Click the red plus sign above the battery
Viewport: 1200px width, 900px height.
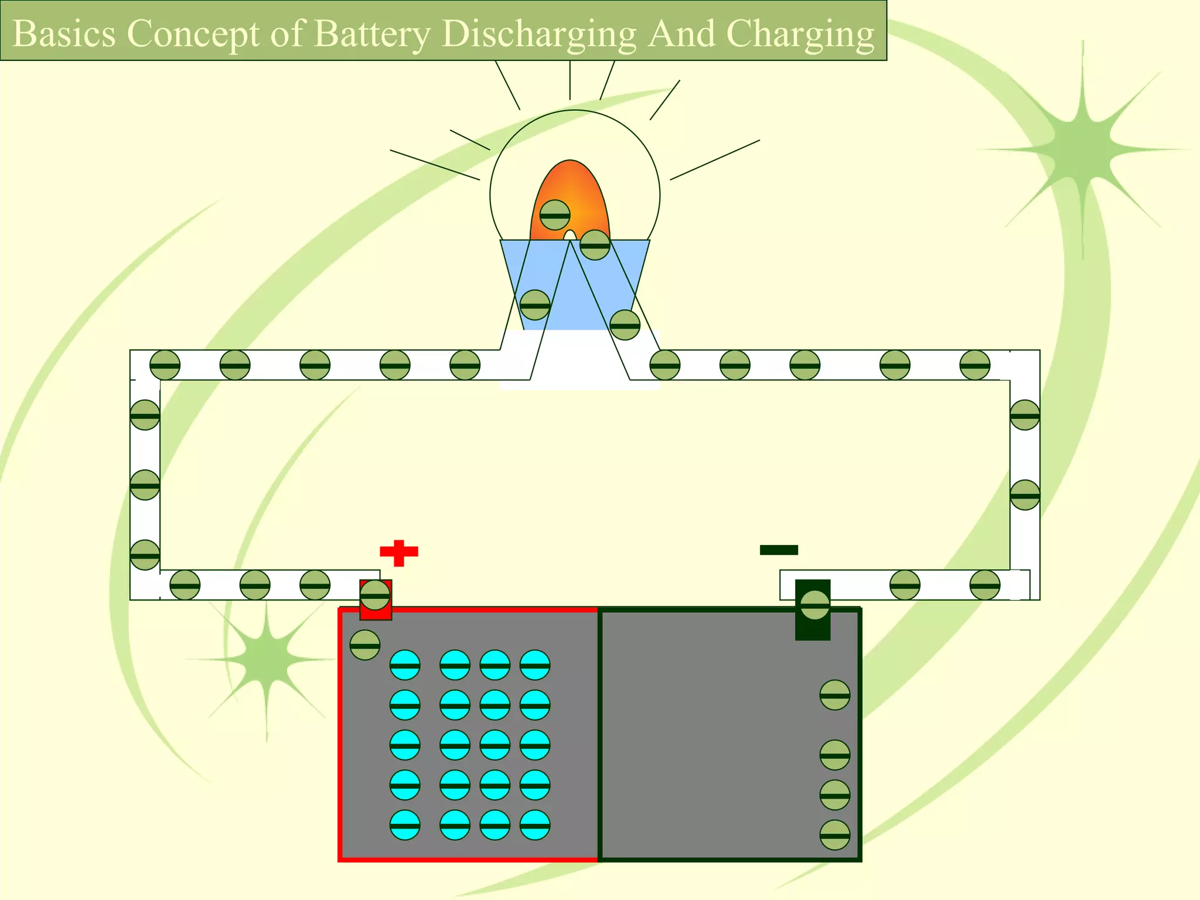coord(399,553)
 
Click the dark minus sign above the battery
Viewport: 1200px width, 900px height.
coord(779,550)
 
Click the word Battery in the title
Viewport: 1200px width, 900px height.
coord(372,33)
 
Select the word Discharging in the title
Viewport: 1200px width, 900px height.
coord(538,33)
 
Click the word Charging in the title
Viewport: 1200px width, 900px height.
coord(800,33)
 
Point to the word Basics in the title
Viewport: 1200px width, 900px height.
coord(64,33)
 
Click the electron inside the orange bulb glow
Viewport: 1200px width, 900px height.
coord(554,215)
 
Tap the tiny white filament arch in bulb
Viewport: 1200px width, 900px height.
coord(570,236)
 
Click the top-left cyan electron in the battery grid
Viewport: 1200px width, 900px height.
coord(405,665)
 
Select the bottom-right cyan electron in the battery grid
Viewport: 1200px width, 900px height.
coord(535,825)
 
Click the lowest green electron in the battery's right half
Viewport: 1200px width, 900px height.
coord(834,835)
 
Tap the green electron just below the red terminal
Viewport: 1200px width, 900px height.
coord(364,645)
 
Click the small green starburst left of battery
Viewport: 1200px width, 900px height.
coord(267,659)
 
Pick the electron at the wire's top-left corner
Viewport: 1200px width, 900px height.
coord(165,365)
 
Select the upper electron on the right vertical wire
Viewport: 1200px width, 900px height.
coord(1025,415)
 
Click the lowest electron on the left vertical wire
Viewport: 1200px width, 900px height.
coord(145,555)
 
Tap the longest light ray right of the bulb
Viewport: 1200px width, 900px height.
coord(715,159)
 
